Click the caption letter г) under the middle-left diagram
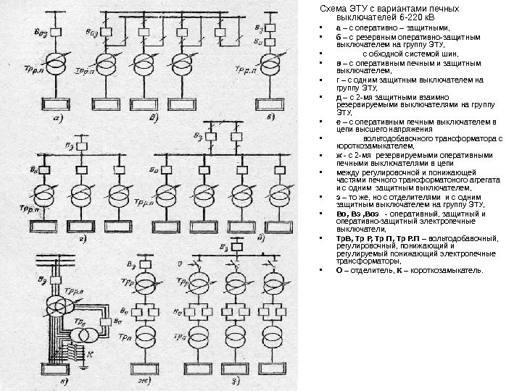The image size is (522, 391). point(82,236)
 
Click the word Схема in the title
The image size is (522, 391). point(334,9)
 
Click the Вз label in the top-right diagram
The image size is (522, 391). point(260,25)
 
